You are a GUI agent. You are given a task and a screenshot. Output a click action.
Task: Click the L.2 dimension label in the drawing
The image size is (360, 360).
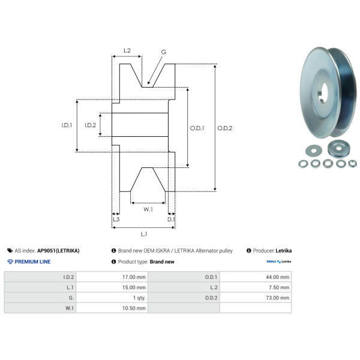pos(127,51)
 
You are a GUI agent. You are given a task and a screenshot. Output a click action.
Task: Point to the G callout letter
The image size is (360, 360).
pos(163,52)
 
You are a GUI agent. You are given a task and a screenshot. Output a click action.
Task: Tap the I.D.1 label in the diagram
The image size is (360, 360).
pos(67,125)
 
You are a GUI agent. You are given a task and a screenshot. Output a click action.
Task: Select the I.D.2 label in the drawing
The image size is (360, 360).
pos(91,125)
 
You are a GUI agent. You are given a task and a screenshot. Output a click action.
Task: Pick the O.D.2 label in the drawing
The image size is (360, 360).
pos(224,128)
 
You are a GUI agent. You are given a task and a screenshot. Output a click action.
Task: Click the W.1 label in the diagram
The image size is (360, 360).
pos(148,209)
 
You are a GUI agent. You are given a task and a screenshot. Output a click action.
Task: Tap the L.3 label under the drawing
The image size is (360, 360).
pos(116,220)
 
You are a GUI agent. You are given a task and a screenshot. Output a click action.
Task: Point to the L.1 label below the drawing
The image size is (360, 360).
pos(143,234)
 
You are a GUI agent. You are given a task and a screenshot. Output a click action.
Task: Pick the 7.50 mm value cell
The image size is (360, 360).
pos(281,287)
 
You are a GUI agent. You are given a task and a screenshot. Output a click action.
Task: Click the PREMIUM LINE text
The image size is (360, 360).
pos(32,262)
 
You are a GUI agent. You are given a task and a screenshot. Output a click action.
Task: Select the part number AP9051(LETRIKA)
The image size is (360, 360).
pos(58,250)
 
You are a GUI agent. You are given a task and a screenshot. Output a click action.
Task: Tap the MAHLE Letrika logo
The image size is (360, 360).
pos(278,262)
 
